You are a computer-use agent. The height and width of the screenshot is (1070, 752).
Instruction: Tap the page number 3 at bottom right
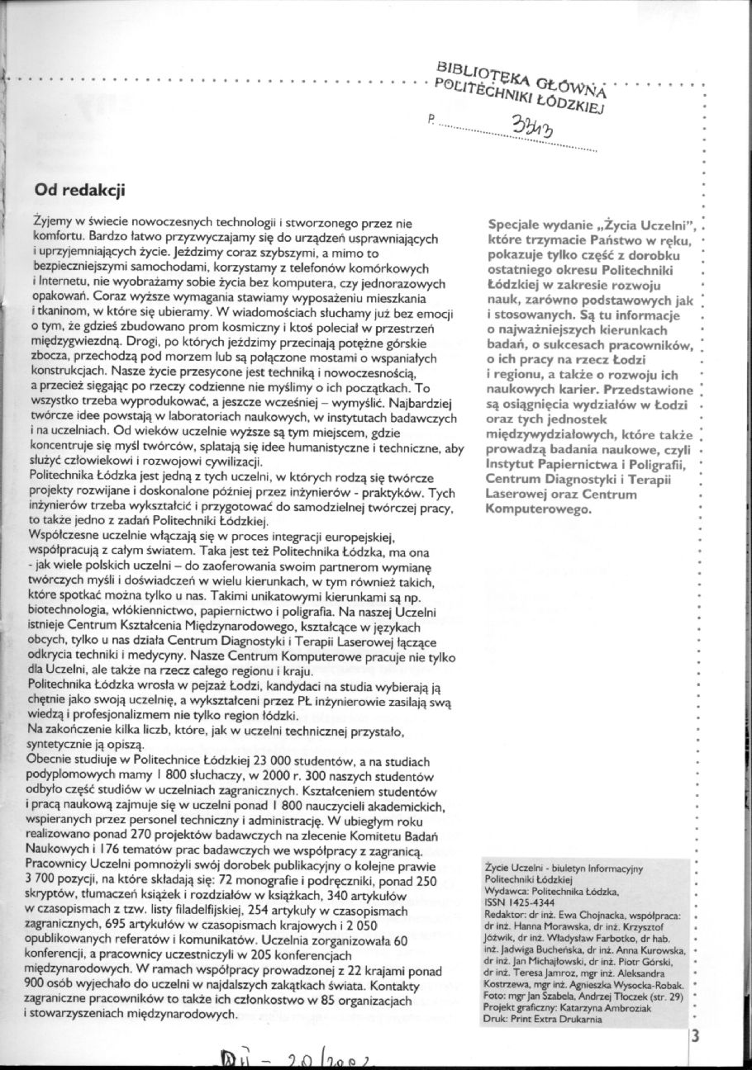click(695, 1038)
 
